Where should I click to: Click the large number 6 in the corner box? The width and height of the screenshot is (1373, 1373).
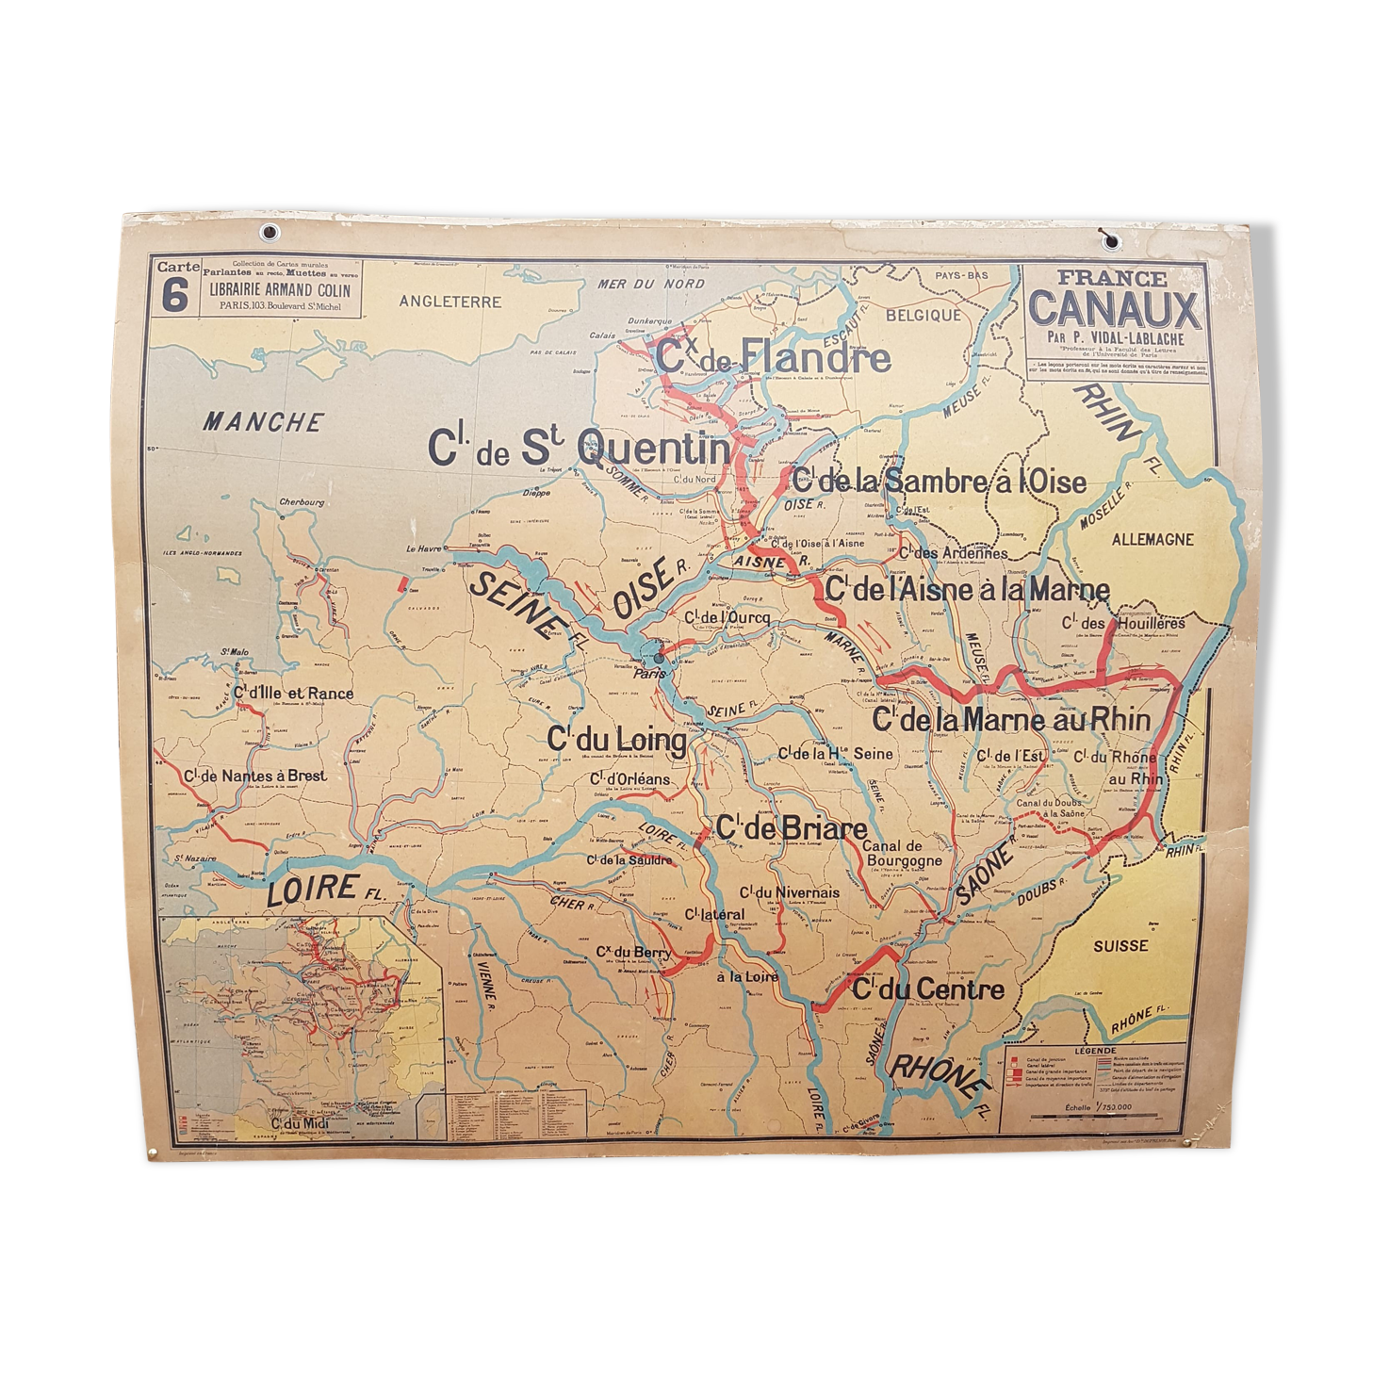point(172,296)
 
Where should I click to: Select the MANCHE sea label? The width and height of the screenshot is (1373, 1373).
point(263,422)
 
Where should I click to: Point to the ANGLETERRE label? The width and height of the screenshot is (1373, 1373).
point(449,302)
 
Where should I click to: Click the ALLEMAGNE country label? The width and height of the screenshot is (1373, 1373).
point(1152,540)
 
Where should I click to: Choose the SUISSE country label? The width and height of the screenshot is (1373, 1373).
point(1120,945)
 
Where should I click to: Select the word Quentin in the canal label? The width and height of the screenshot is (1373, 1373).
point(652,449)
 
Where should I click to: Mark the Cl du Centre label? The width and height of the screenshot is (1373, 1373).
point(928,989)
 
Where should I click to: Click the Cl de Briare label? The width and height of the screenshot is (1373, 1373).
point(792,828)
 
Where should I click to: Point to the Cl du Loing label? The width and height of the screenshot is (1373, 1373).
point(617,740)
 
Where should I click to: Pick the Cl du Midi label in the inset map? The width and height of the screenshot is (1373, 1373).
point(293,1122)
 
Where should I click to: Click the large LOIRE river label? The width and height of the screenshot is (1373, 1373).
point(312,888)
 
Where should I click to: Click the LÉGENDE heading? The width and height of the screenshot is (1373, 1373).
point(1088,1050)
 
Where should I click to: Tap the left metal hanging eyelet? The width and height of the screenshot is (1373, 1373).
point(271,230)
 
